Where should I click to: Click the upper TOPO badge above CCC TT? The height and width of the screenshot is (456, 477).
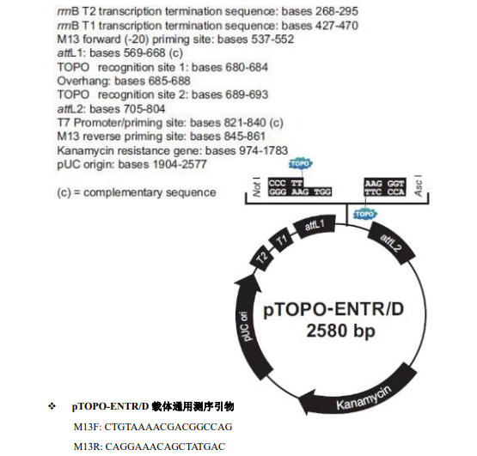(x=300, y=163)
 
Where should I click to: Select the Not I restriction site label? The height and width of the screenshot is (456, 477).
(x=256, y=190)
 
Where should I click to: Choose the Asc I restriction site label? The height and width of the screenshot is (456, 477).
(x=417, y=190)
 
